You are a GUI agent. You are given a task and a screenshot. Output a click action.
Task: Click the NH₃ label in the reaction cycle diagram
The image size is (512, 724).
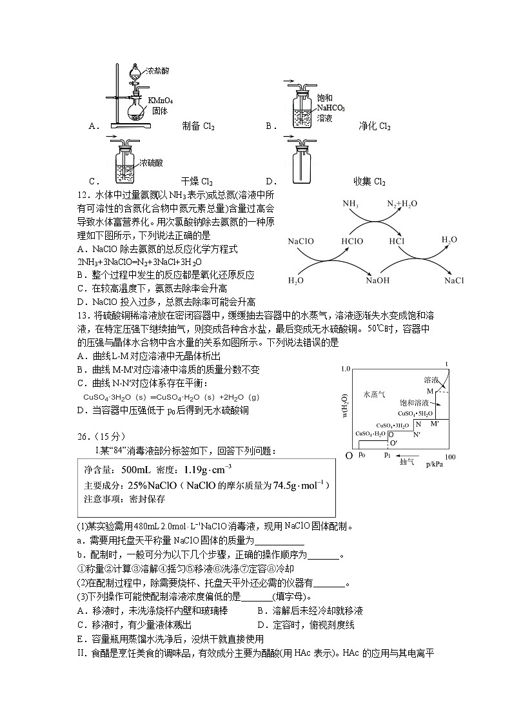[351, 204]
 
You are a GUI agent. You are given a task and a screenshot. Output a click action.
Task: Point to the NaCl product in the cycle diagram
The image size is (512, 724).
[454, 280]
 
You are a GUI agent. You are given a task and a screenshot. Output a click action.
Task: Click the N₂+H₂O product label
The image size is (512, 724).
[402, 204]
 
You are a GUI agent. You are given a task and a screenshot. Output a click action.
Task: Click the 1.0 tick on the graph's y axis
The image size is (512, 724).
[344, 369]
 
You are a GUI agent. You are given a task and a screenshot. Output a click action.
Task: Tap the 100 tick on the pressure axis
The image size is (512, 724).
[449, 456]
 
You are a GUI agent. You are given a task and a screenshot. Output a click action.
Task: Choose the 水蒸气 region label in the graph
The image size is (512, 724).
[373, 394]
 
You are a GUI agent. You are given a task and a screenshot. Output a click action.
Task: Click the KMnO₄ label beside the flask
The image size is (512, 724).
[161, 101]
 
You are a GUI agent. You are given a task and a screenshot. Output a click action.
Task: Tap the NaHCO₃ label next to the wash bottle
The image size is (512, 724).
[331, 108]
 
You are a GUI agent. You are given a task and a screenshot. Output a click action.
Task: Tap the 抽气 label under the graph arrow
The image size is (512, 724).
[407, 462]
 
